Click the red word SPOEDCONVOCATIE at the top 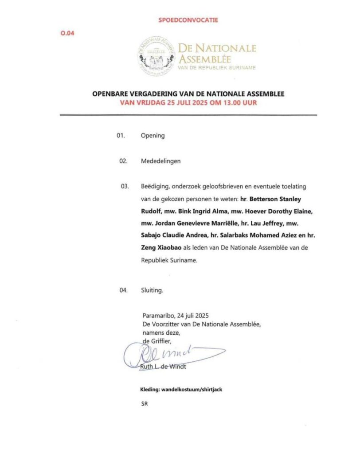click(x=188, y=20)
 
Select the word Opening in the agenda click(x=153, y=136)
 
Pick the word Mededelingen click(x=160, y=161)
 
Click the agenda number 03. click(x=125, y=187)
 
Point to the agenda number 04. click(x=124, y=291)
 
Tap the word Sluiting click(x=152, y=291)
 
